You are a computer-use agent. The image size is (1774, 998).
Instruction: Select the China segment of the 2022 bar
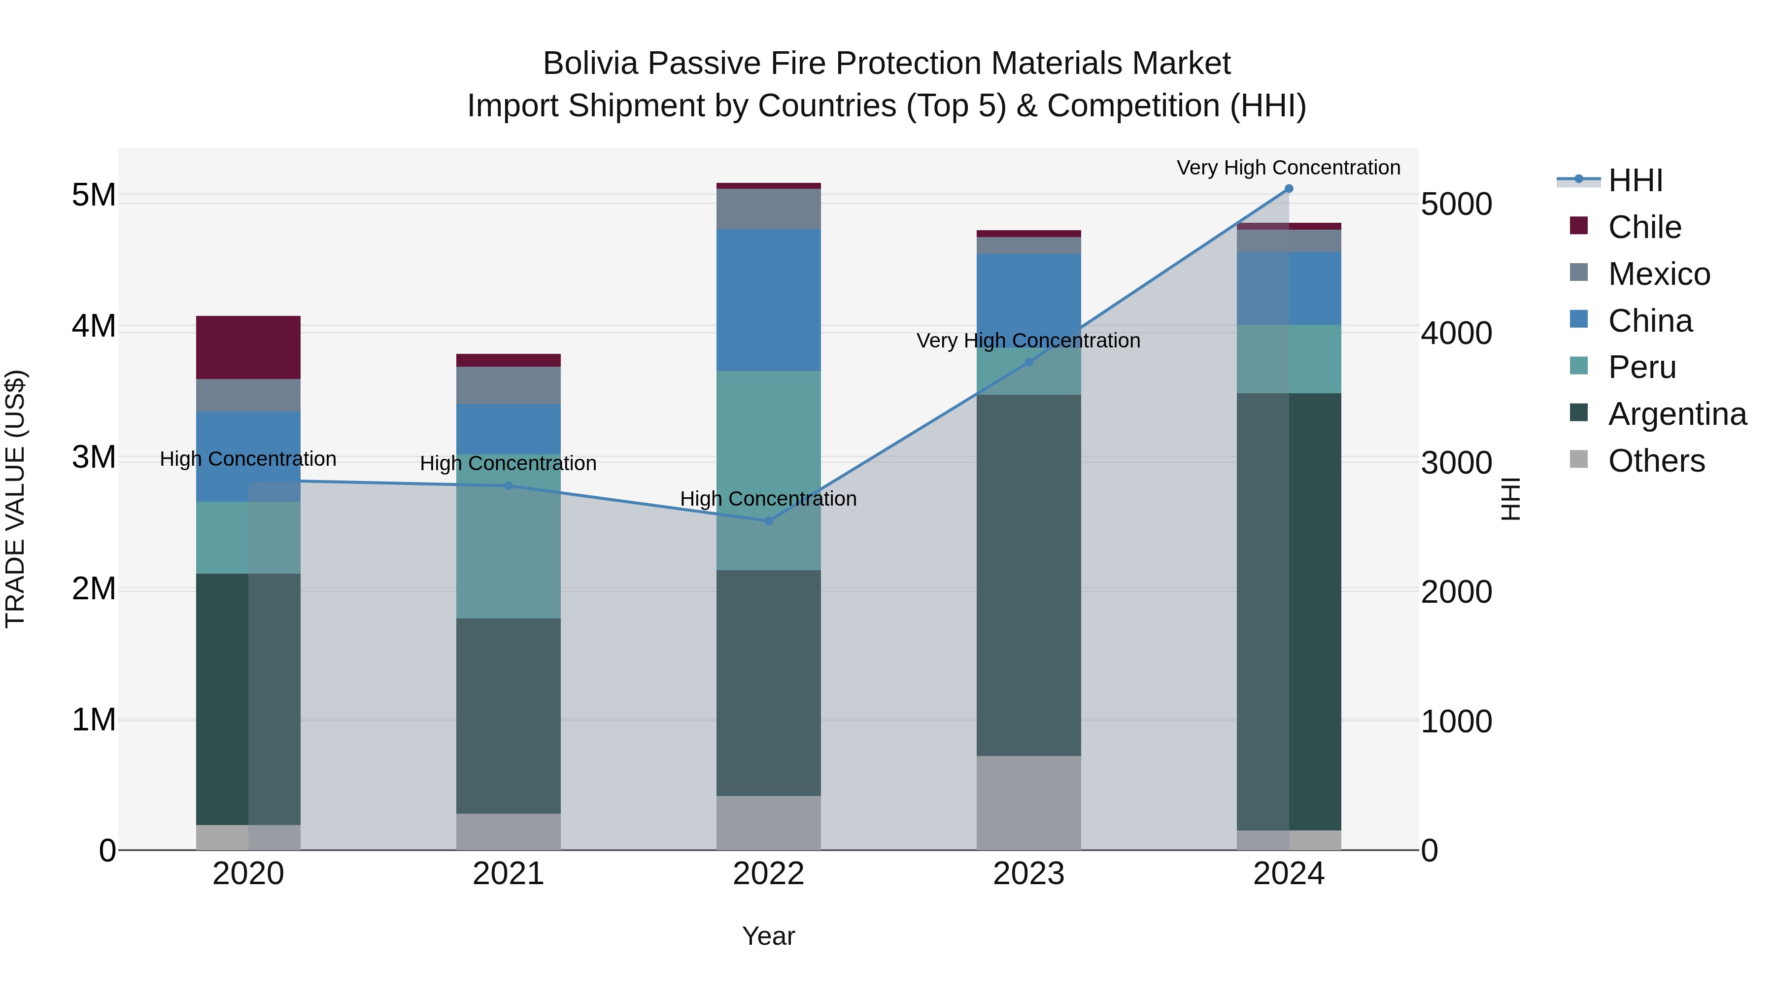[x=769, y=300]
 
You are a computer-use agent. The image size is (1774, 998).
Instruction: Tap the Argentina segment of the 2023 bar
[x=1029, y=575]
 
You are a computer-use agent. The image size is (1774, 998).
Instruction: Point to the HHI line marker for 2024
[x=1289, y=189]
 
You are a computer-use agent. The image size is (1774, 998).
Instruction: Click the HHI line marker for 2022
[x=769, y=521]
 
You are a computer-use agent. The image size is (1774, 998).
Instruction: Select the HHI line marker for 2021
[x=509, y=485]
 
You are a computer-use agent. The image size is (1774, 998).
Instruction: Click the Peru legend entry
[x=1642, y=367]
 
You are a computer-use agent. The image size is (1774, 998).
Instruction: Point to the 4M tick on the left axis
[x=94, y=326]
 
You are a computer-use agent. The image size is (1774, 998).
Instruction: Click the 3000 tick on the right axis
[x=1457, y=463]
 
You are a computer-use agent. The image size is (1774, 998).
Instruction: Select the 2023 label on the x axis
[x=1029, y=874]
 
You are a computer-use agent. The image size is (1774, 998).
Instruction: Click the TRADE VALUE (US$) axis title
[x=15, y=499]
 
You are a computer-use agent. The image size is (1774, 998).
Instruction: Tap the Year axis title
[x=769, y=936]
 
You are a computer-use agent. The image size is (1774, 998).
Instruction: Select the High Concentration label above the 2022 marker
[x=769, y=499]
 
